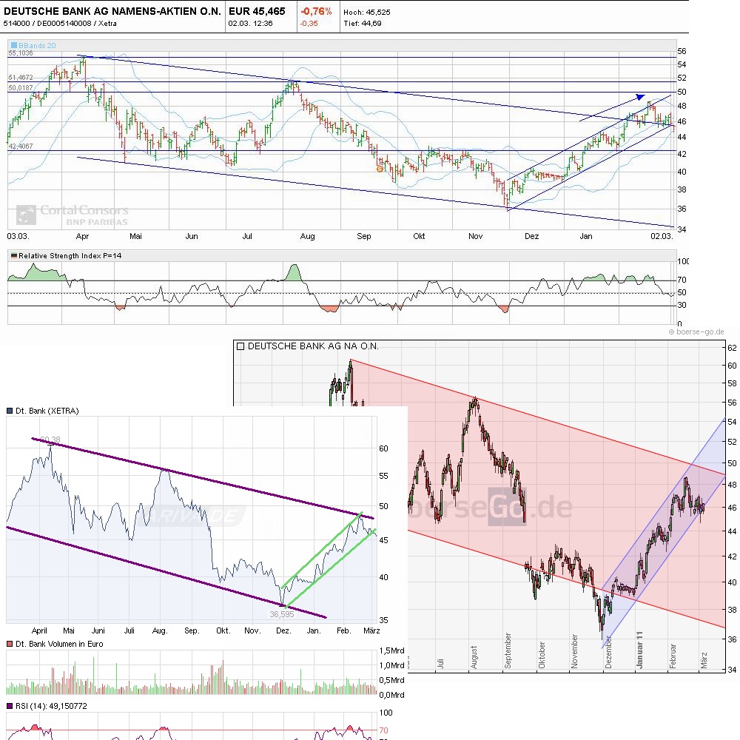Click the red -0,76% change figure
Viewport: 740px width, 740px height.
[x=316, y=11]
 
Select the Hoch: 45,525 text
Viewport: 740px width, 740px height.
[x=367, y=12]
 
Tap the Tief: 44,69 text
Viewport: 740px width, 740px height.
[x=363, y=23]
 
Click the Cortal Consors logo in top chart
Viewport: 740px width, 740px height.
[x=73, y=215]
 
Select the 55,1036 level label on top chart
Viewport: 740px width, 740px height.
[x=21, y=53]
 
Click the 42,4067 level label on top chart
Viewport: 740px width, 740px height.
[x=21, y=147]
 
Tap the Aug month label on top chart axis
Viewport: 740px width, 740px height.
[x=307, y=236]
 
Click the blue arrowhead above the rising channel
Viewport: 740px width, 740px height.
[x=639, y=96]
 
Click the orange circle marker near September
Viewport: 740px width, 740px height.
[x=380, y=169]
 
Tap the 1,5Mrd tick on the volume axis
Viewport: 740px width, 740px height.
[x=391, y=650]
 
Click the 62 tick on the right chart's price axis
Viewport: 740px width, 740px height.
[x=730, y=347]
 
